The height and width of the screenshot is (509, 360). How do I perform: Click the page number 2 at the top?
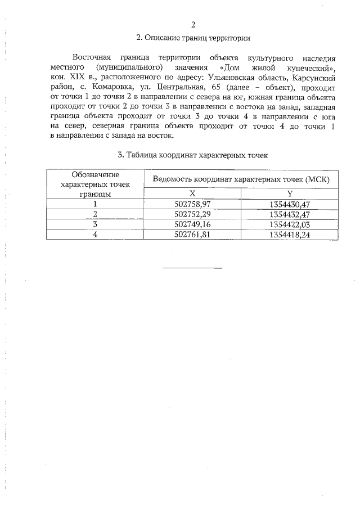(193, 25)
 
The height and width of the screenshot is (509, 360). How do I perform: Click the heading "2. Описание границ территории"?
(193, 39)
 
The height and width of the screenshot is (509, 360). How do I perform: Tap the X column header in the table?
(192, 193)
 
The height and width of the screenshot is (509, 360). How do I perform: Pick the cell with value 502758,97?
(192, 204)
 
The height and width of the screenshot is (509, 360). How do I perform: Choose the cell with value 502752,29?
(192, 214)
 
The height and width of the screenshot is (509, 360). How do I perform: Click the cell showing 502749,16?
(192, 224)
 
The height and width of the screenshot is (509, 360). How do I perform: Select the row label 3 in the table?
(95, 224)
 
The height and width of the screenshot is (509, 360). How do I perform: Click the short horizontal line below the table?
(192, 267)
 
